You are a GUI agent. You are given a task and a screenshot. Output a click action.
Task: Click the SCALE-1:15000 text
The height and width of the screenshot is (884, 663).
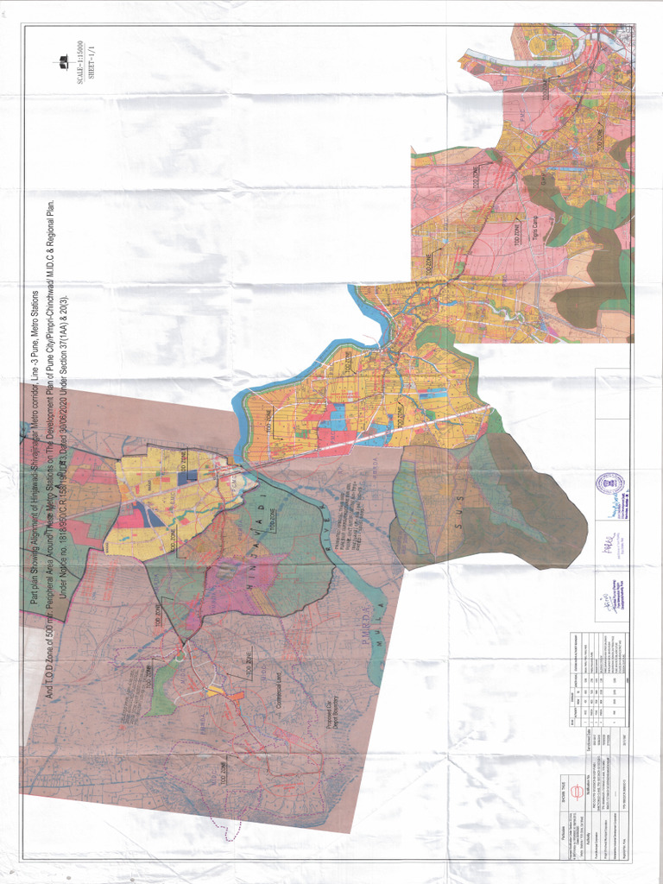point(80,63)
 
